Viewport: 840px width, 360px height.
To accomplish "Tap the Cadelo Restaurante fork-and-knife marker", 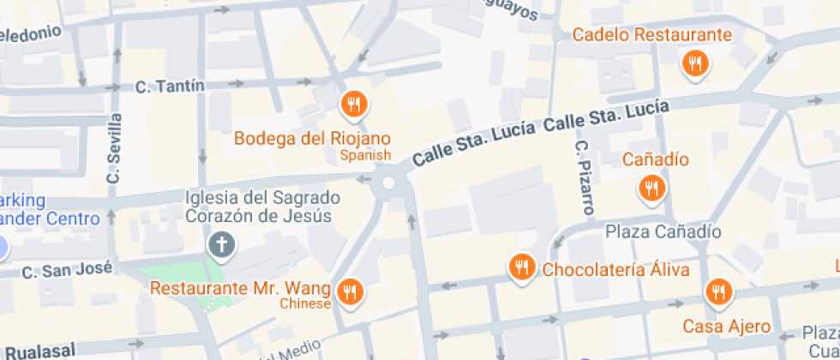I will click(x=694, y=63).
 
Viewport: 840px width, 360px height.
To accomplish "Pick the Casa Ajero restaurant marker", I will click(x=717, y=293).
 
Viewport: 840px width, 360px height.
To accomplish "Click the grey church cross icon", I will click(x=222, y=245).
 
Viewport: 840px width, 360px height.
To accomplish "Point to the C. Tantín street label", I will click(x=170, y=86).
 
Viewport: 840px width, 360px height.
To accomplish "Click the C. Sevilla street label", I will click(x=114, y=148).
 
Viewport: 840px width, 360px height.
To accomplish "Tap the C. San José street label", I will click(x=67, y=271).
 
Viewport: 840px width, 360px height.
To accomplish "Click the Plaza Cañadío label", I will click(x=663, y=231).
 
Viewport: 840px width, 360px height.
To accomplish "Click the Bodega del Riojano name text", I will click(x=312, y=138).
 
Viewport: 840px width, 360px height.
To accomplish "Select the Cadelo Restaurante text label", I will click(x=652, y=35).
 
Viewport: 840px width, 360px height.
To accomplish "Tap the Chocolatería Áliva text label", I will click(x=615, y=269).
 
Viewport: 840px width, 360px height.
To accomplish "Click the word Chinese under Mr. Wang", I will click(x=305, y=304).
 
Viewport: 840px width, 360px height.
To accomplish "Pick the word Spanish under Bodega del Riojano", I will click(x=364, y=155).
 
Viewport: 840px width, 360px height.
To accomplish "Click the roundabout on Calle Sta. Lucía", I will click(x=389, y=183).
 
